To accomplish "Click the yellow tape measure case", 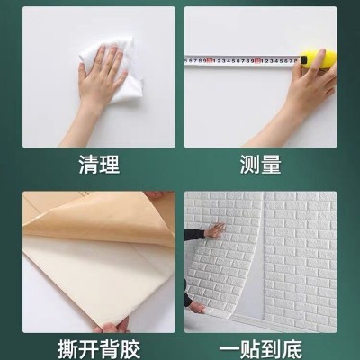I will click(319, 60).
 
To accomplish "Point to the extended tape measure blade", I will click(243, 61).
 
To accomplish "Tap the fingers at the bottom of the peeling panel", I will click(112, 326).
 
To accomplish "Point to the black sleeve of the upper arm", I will click(193, 236).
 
